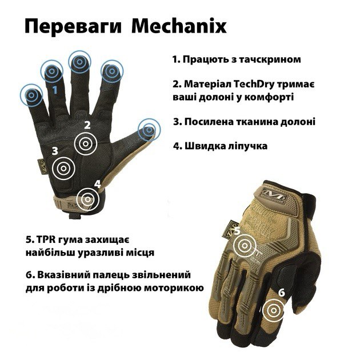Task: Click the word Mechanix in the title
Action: point(179,26)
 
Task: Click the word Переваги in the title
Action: point(73,27)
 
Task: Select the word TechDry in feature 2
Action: point(254,85)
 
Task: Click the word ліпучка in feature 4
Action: point(248,146)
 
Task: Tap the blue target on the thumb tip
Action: point(149,130)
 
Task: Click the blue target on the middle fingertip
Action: point(79,62)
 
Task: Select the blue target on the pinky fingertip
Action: point(31,95)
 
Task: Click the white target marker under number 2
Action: point(85,144)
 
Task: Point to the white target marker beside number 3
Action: point(63,169)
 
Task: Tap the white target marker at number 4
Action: point(87,199)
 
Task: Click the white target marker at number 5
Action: point(245,246)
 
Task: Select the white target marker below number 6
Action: point(274,310)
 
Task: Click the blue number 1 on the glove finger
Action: point(55,90)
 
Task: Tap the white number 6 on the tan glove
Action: point(282,293)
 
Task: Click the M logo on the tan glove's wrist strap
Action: point(274,193)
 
